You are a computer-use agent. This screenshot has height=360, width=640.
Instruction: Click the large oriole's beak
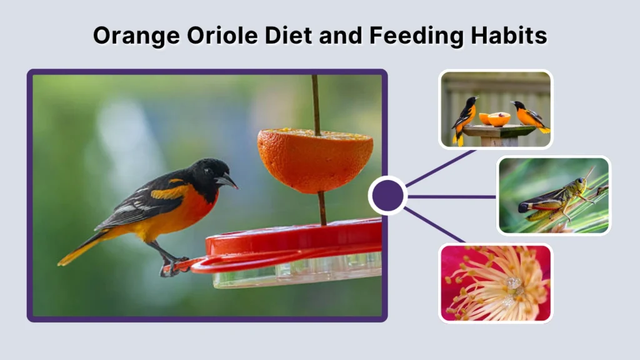pos(228,182)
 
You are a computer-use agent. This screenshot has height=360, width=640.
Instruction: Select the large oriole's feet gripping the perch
pos(171,266)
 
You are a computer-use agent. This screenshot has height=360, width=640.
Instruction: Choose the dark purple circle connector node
pos(387,196)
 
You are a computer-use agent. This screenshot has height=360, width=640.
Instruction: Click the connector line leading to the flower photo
pos(434,225)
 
